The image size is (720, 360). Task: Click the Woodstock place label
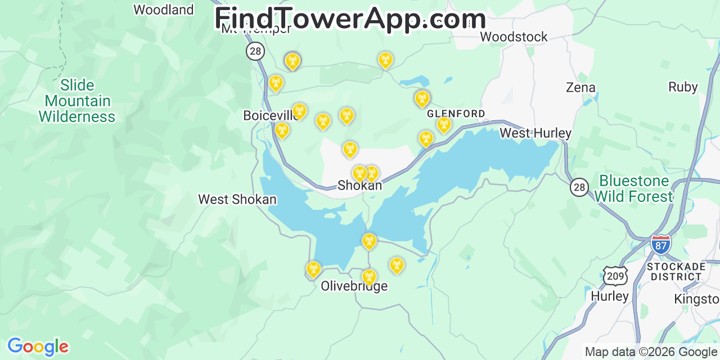[x=514, y=37]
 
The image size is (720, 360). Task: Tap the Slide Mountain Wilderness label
[x=76, y=101]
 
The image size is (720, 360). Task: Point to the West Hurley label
[x=535, y=133]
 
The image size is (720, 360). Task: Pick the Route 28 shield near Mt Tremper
[x=255, y=51]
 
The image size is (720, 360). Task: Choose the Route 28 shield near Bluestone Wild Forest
[x=579, y=187]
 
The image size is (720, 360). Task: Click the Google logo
[x=37, y=346]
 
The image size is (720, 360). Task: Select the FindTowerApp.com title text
[x=350, y=19]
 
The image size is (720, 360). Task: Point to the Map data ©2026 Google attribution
[x=651, y=352]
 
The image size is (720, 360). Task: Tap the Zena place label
[x=580, y=88]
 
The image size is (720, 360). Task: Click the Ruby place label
[x=683, y=87]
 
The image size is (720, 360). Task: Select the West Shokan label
[x=237, y=200]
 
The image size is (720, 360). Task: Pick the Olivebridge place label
[x=354, y=286]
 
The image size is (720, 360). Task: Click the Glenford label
[x=456, y=114]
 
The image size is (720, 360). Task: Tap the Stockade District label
[x=676, y=271]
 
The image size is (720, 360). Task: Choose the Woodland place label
[x=163, y=10]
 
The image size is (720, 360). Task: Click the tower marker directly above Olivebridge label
[x=369, y=276]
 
